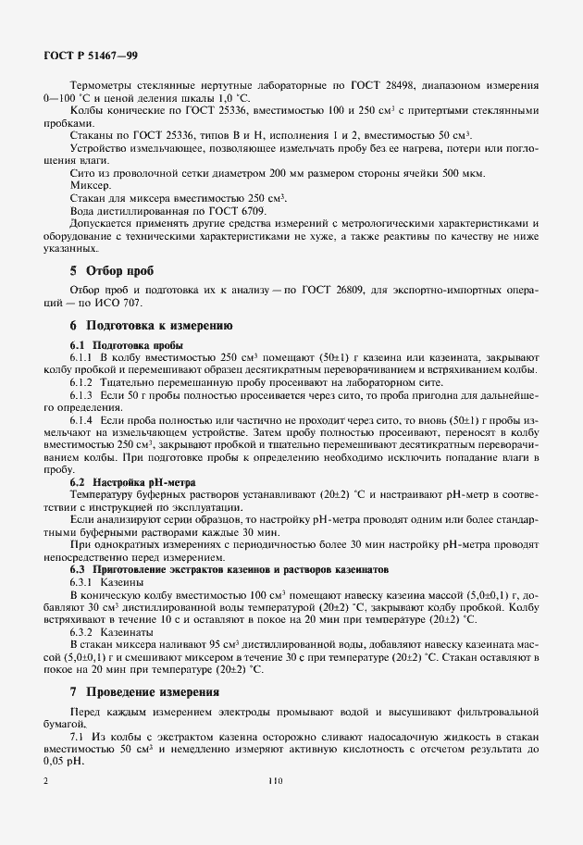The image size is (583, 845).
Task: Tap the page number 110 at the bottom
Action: [274, 781]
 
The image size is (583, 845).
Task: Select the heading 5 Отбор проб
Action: [115, 271]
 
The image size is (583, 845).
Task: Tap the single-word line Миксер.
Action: [91, 185]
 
